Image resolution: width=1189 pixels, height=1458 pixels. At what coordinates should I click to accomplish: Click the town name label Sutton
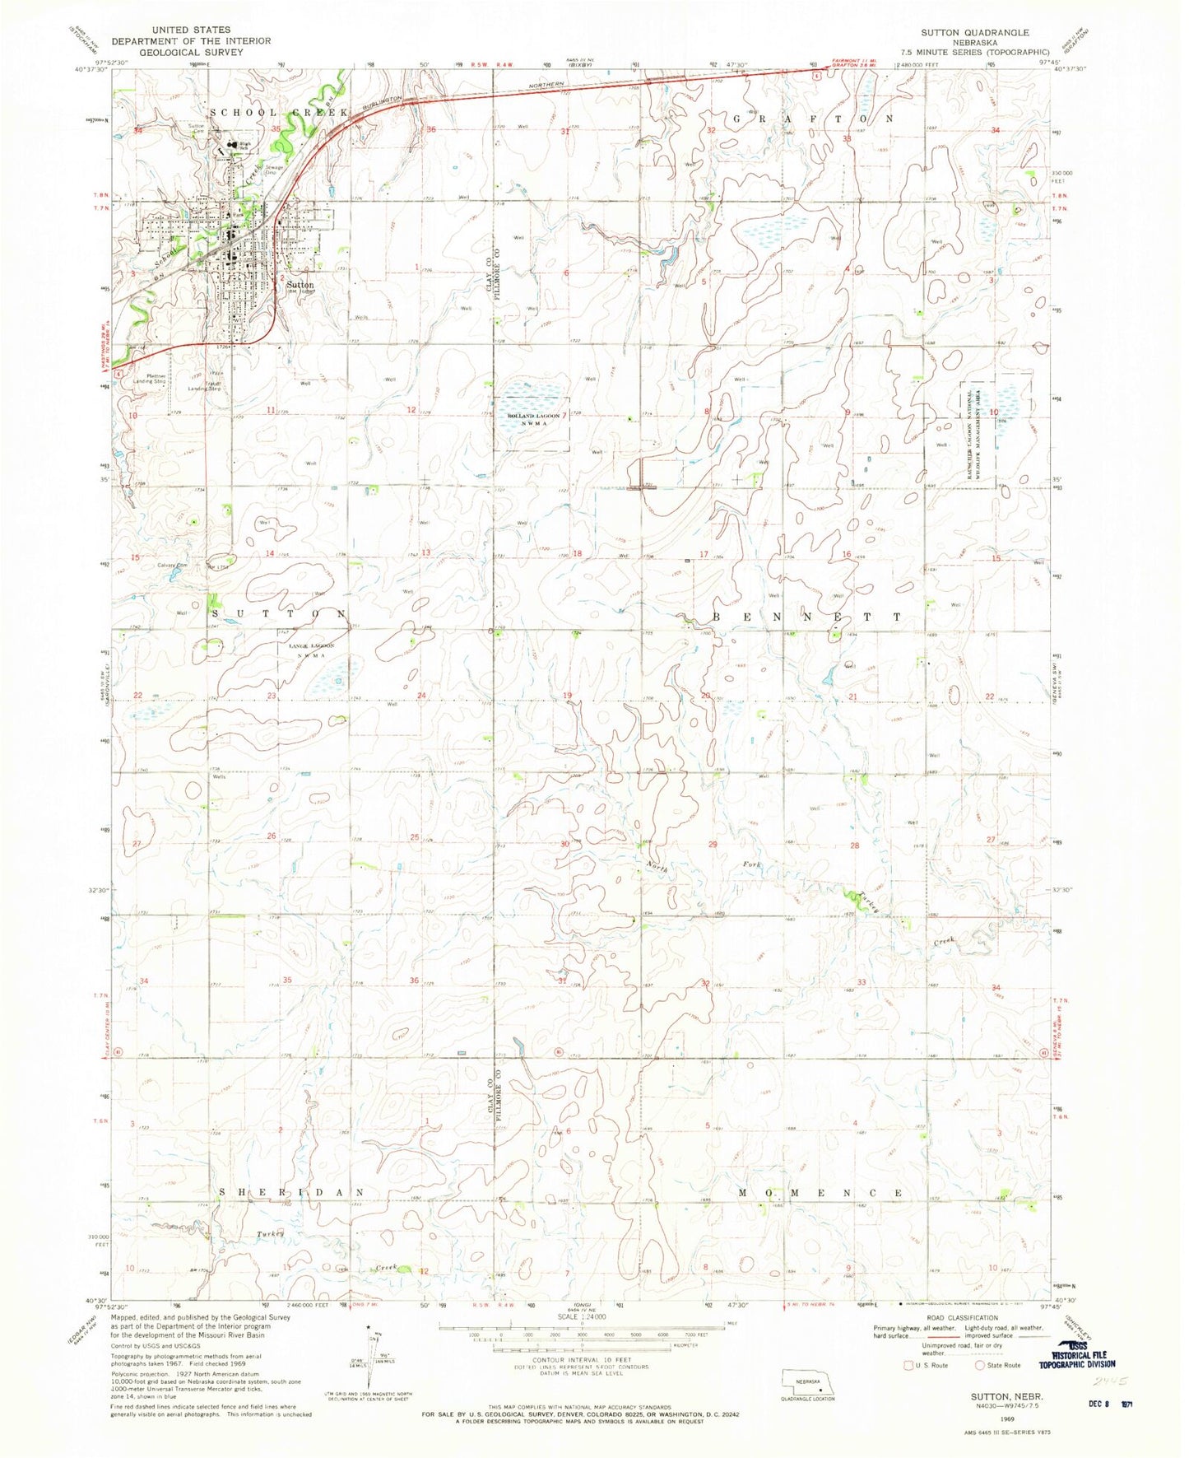[300, 285]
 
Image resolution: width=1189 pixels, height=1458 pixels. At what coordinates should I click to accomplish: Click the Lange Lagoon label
[309, 647]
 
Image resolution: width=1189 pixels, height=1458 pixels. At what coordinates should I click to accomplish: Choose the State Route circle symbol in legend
[979, 1365]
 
